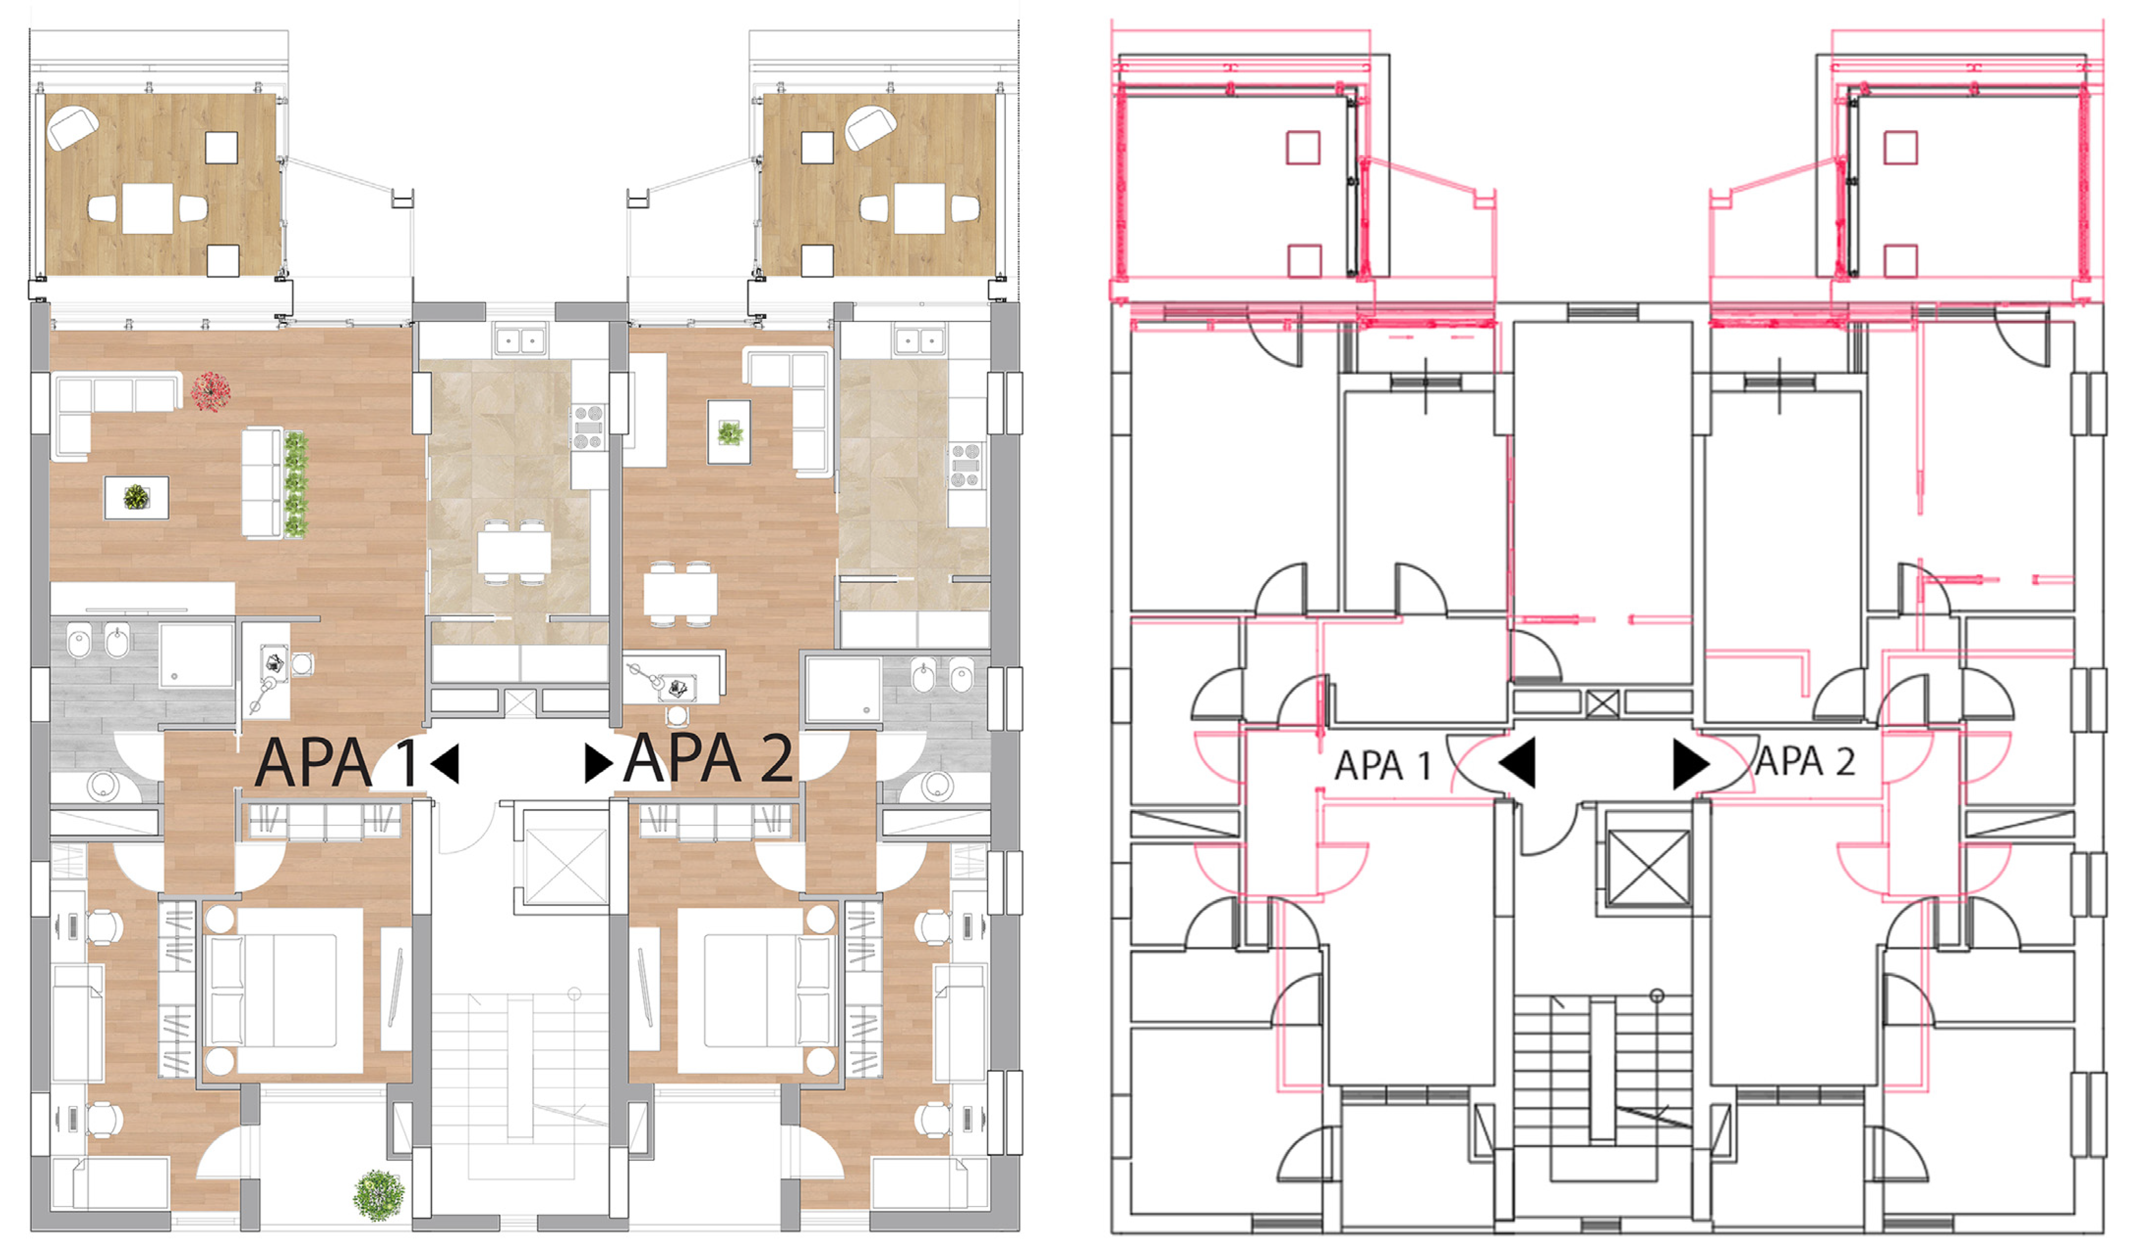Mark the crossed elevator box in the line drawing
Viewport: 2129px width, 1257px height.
point(1647,868)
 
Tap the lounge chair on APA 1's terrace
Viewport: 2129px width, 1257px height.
point(73,128)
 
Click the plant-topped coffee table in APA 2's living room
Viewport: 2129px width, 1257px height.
point(729,432)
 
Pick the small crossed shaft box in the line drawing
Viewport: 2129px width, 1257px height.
point(1602,703)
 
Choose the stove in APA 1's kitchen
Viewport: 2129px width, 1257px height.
point(589,427)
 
